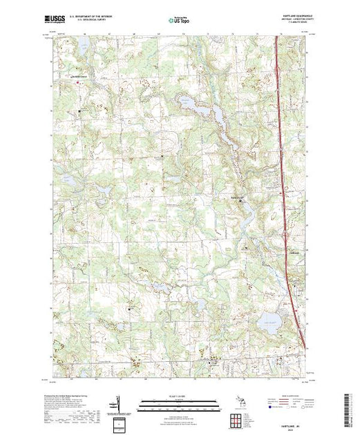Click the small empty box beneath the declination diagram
pos(118,421)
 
